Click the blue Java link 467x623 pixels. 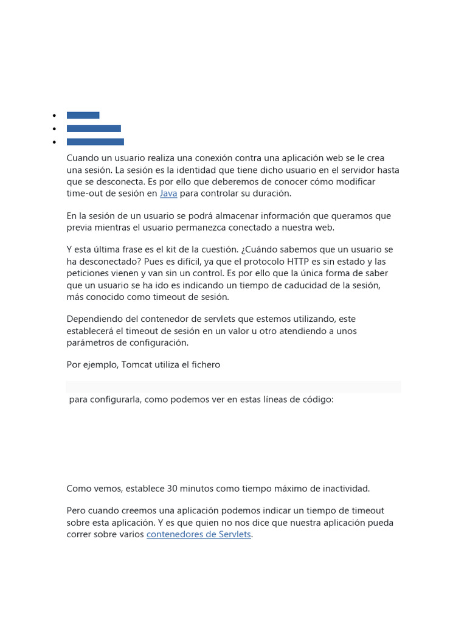click(168, 193)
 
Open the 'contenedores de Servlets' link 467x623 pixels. click(199, 535)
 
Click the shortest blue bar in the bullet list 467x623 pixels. click(83, 115)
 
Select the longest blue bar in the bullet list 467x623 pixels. click(95, 142)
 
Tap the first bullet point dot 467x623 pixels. click(54, 115)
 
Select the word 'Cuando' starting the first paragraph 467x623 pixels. click(83, 158)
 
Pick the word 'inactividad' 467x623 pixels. click(345, 489)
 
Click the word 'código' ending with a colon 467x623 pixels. click(317, 400)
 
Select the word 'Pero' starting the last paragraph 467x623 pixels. click(77, 510)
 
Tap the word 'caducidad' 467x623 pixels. click(309, 285)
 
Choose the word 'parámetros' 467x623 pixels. click(91, 343)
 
